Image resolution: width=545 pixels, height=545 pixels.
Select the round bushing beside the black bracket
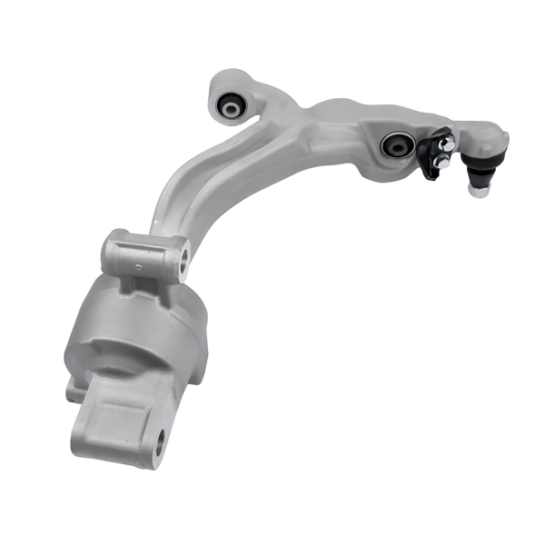coord(395,144)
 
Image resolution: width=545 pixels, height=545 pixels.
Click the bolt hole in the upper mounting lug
coord(183,261)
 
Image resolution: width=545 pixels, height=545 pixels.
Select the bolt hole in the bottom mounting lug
coord(160,444)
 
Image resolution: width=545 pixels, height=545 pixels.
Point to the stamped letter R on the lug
coord(138,266)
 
